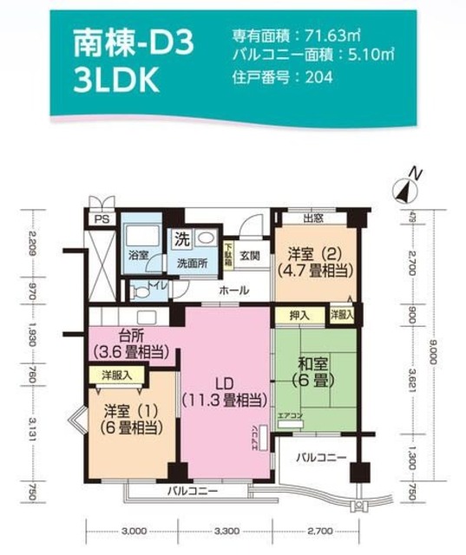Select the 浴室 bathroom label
pos(138,256)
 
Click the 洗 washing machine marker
pos(182,237)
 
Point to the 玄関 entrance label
pos(251,256)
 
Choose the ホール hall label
pos(233,290)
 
